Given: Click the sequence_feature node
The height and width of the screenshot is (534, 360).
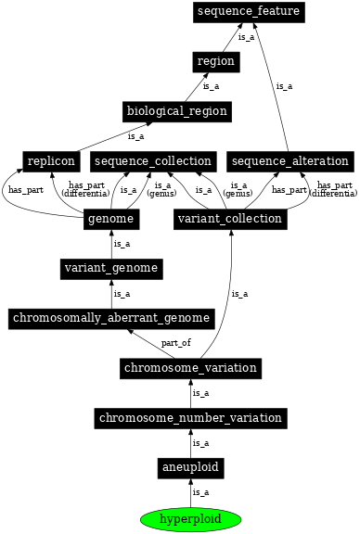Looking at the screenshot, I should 249,11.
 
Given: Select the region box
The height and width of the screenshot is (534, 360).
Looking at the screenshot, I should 215,61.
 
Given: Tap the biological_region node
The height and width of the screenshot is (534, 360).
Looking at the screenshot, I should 176,111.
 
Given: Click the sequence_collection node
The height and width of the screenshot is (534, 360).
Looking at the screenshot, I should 153,161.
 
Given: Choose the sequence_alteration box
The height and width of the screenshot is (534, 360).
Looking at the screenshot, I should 288,161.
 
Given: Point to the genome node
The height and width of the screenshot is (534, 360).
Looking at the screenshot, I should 111,219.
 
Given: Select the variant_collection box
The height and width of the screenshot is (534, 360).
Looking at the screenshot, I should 229,219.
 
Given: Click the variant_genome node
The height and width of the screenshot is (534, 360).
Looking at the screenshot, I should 111,269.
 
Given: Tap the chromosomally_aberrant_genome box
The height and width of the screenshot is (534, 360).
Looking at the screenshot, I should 111,319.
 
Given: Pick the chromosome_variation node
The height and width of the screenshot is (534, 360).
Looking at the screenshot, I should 190,368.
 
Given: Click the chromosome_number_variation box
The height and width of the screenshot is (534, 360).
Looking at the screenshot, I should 190,418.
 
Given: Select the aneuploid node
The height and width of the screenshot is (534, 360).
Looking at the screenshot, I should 190,468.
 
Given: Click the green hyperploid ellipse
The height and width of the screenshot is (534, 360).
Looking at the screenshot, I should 190,518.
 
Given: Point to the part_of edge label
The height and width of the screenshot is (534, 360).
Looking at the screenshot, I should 175,343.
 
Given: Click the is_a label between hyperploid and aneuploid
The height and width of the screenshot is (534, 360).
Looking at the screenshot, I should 200,492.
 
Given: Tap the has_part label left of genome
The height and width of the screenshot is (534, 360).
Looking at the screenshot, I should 25,190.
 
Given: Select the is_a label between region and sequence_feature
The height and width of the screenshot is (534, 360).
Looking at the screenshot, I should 246,37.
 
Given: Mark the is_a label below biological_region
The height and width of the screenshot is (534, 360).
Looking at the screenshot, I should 135,136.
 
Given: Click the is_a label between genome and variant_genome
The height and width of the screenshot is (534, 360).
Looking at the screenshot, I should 122,244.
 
